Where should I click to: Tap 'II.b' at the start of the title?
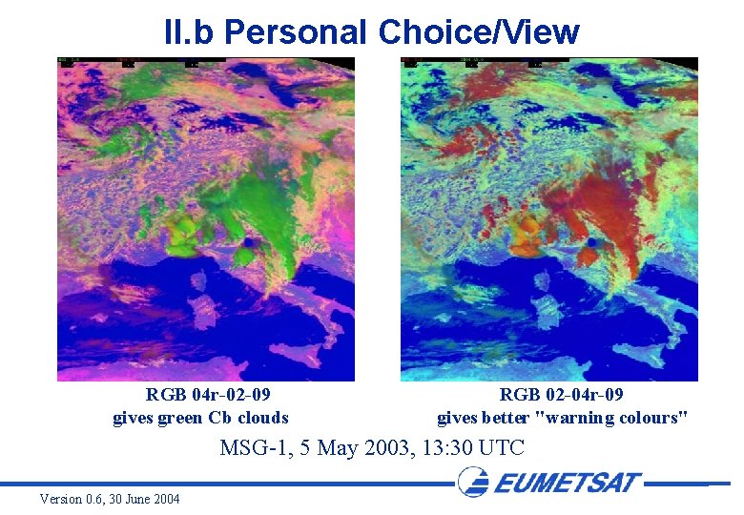(x=189, y=31)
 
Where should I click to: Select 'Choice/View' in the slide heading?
(x=479, y=31)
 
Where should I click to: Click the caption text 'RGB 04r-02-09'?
(x=207, y=395)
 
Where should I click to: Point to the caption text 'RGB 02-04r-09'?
(x=562, y=395)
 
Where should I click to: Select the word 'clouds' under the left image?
(x=262, y=417)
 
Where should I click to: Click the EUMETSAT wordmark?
(x=568, y=482)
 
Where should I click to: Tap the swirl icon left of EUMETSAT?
(x=474, y=482)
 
